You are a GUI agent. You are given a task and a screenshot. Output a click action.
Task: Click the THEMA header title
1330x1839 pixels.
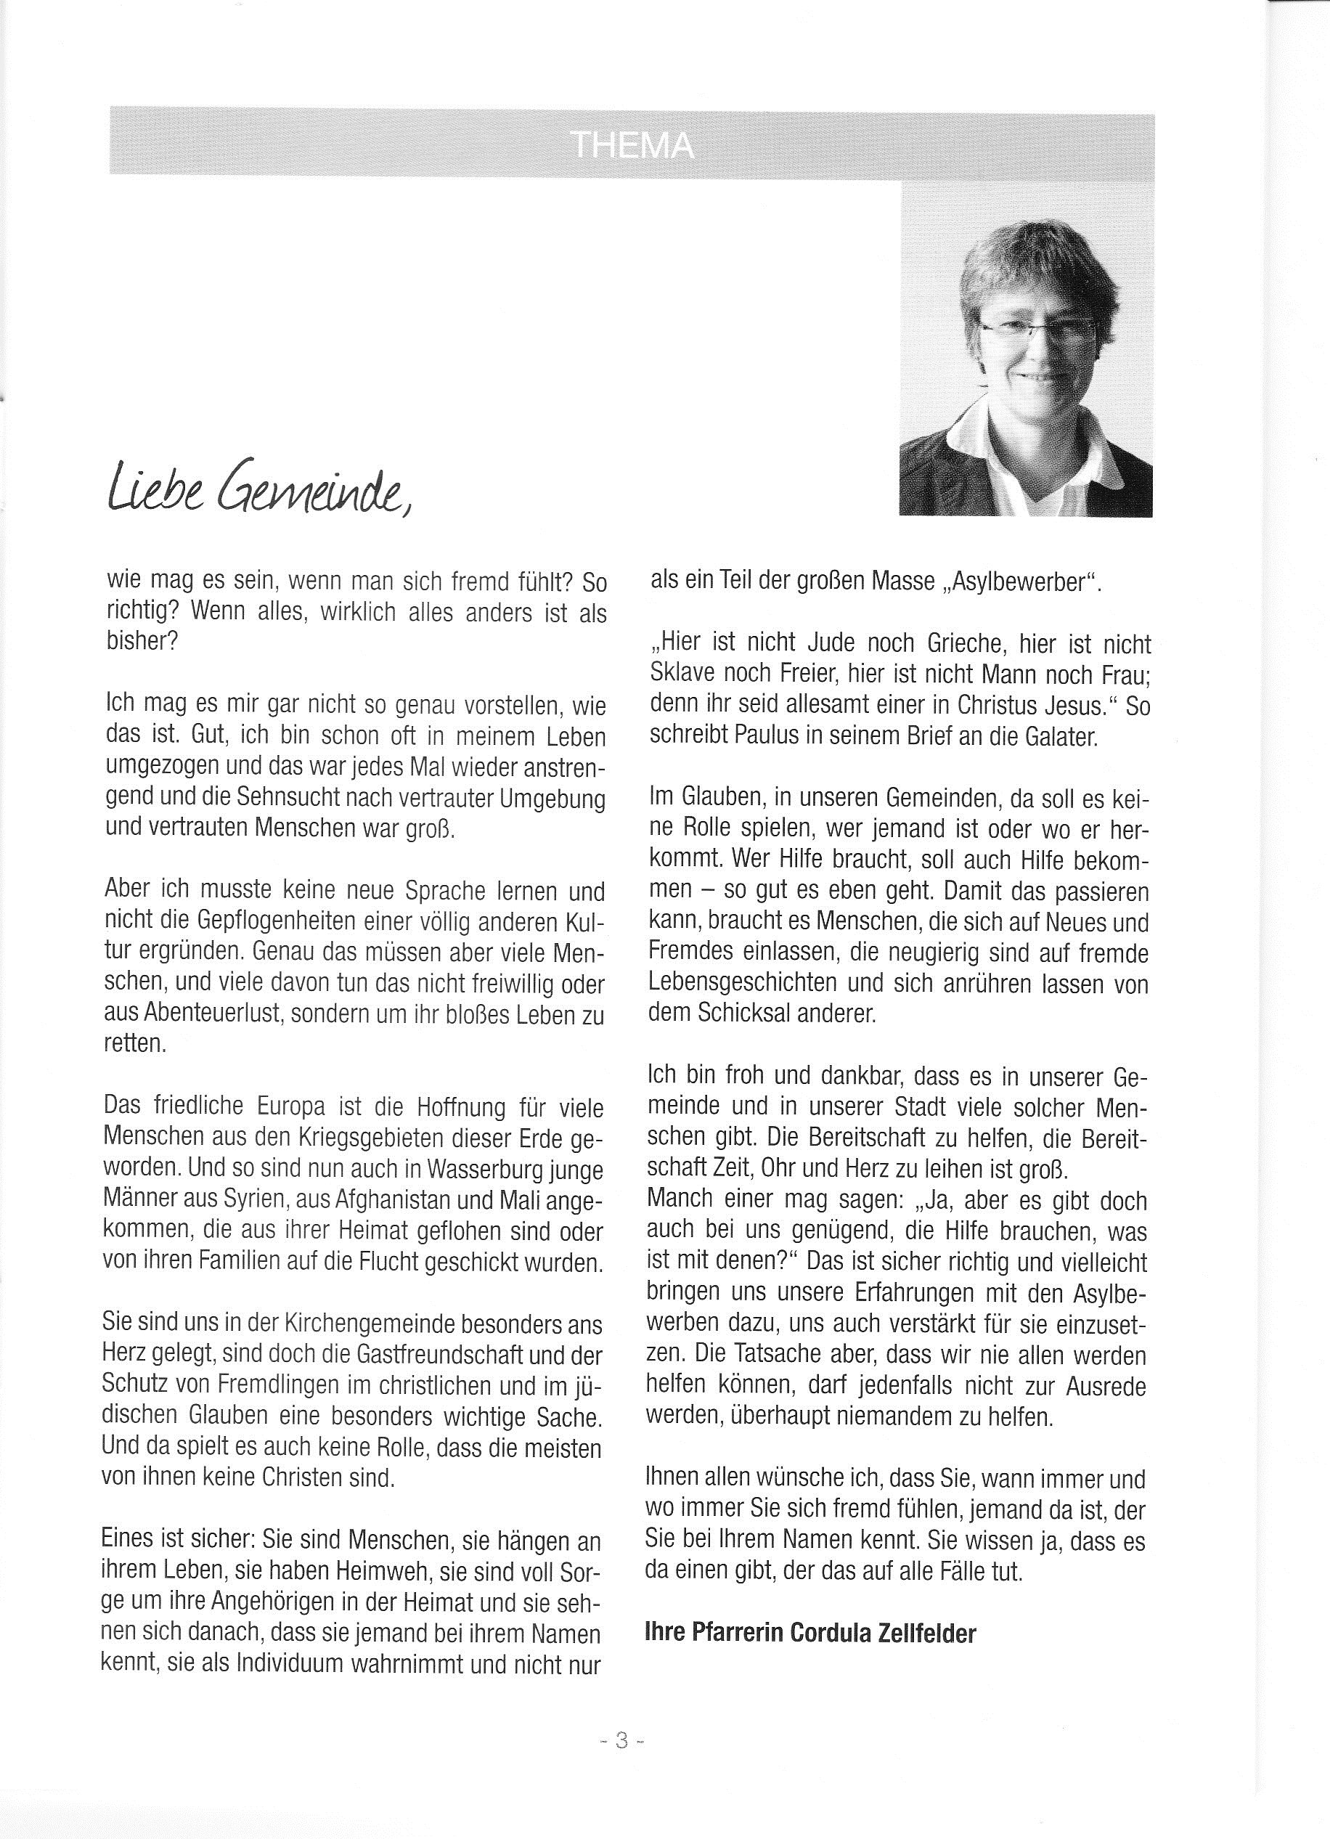pos(632,146)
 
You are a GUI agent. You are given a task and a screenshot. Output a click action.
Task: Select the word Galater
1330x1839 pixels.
pos(1058,737)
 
